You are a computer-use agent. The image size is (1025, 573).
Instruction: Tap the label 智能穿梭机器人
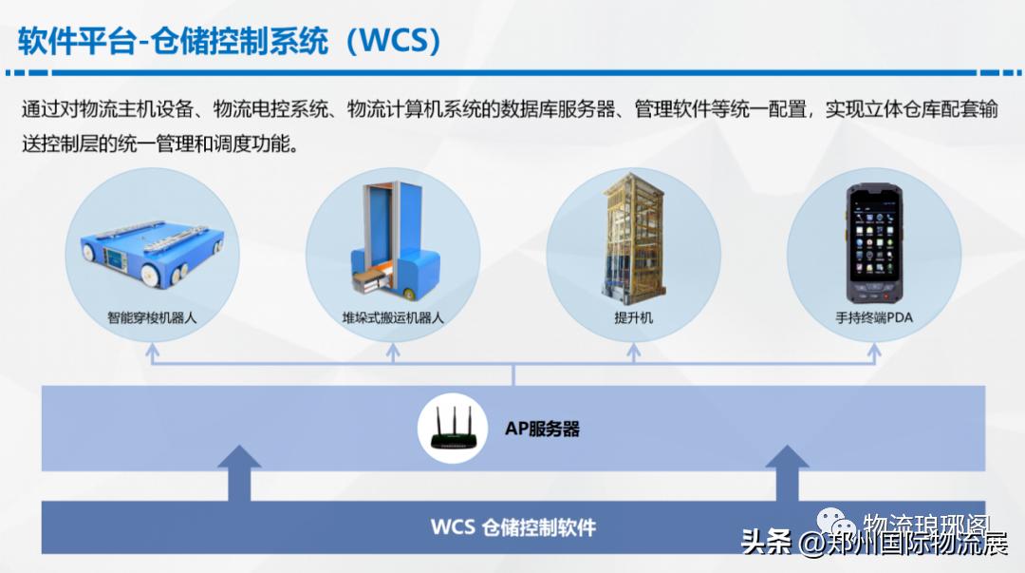click(152, 317)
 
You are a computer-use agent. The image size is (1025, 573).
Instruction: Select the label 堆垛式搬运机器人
click(393, 317)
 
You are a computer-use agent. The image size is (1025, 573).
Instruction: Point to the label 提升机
click(634, 317)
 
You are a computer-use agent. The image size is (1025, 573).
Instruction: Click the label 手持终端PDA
click(874, 317)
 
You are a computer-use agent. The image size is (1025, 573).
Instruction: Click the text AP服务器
click(542, 429)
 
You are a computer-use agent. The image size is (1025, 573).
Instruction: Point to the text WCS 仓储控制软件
click(513, 526)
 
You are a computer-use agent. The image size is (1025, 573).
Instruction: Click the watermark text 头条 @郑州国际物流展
click(873, 544)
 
